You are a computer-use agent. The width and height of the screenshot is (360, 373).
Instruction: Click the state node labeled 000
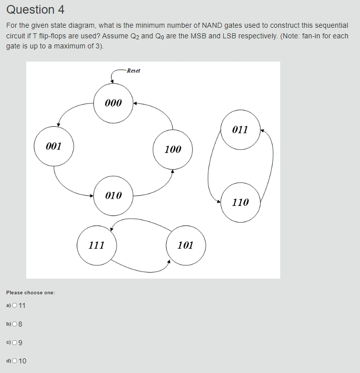pos(114,103)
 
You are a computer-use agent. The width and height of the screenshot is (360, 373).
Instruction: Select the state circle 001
pos(54,146)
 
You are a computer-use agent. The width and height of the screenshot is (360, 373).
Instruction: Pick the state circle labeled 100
pos(173,149)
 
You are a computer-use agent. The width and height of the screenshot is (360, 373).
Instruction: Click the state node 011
pos(240,130)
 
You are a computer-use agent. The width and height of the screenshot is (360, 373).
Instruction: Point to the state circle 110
pos(240,202)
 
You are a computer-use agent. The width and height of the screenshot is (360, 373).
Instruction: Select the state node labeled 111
pos(96,245)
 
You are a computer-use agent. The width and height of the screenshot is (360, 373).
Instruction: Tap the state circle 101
pos(186,245)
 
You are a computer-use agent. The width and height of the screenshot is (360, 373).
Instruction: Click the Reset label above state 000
pos(133,71)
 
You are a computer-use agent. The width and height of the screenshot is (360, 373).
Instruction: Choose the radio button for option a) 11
pos(14,305)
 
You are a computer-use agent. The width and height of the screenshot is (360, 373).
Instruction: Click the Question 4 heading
pos(35,10)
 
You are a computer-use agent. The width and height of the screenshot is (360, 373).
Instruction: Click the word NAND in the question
pos(215,25)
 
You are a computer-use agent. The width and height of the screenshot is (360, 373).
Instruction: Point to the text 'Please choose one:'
pos(30,293)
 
